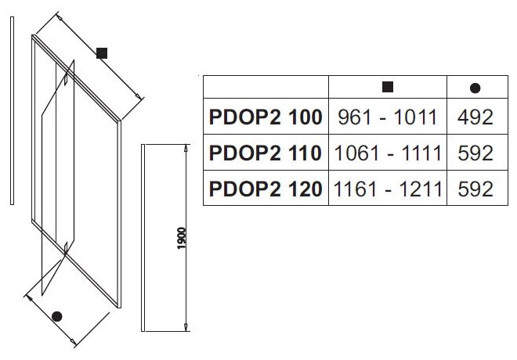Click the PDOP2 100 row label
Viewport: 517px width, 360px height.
pyautogui.click(x=266, y=117)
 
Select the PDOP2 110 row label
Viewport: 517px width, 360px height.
pyautogui.click(x=266, y=153)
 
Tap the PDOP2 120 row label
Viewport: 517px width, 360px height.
pyautogui.click(x=266, y=189)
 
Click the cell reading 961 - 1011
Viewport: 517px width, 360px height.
pyautogui.click(x=387, y=117)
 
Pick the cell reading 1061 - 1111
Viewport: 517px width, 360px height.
pyautogui.click(x=387, y=153)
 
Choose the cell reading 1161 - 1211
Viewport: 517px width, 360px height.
pyautogui.click(x=387, y=189)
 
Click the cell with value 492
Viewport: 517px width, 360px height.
pyautogui.click(x=475, y=117)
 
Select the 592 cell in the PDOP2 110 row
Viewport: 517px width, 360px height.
pyautogui.click(x=475, y=153)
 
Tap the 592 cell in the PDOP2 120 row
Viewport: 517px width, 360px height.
pyautogui.click(x=475, y=189)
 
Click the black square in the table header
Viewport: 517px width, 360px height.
pyautogui.click(x=387, y=87)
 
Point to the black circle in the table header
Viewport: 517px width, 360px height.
pyautogui.click(x=475, y=88)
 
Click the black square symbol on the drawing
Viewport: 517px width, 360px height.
pyautogui.click(x=101, y=53)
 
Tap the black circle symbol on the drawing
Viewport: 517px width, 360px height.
pyautogui.click(x=56, y=316)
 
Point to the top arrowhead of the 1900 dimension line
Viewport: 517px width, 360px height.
pyautogui.click(x=186, y=149)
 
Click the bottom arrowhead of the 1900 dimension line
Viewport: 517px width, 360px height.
pyautogui.click(x=186, y=327)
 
